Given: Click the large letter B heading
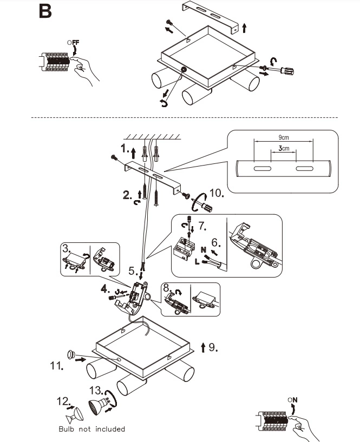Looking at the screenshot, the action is tap(45, 11).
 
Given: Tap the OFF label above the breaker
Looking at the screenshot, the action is tap(73, 43).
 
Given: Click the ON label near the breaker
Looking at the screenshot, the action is tap(292, 400).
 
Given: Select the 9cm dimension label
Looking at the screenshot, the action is tap(284, 137).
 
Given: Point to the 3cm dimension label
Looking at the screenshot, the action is tap(284, 148).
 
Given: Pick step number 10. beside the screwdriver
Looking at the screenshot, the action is tap(217, 193).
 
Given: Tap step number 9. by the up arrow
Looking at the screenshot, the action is tap(213, 347).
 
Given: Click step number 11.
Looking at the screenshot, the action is tap(56, 366).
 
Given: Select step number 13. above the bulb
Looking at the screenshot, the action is tap(96, 391).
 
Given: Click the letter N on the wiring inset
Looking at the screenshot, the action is tap(204, 250).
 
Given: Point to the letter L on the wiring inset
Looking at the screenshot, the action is tap(197, 262).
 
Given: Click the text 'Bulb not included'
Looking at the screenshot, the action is tap(91, 429).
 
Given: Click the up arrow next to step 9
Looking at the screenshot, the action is tap(203, 347).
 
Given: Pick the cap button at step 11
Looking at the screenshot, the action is tap(71, 354).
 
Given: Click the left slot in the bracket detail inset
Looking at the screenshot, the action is tap(263, 169).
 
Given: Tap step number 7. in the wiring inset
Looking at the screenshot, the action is tap(202, 226).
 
